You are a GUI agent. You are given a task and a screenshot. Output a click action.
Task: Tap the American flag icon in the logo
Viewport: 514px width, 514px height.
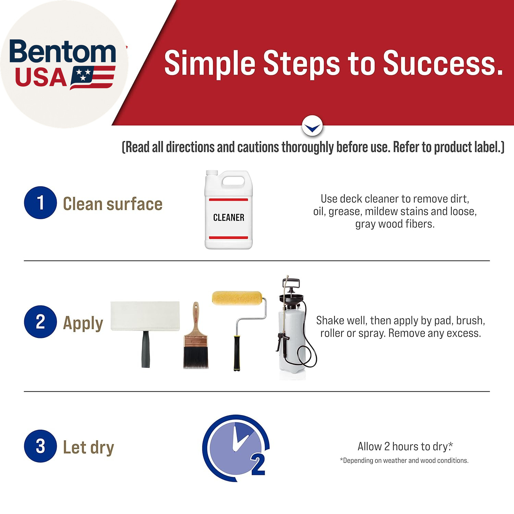(93, 77)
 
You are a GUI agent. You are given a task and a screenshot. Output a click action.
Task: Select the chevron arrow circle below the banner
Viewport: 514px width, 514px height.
(312, 126)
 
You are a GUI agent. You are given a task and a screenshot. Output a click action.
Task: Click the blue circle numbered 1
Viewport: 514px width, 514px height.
(40, 203)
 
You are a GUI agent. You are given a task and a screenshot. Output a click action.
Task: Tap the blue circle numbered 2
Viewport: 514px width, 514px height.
(40, 322)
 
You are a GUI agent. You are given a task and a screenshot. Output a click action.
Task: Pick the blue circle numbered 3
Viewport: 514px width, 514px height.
(40, 446)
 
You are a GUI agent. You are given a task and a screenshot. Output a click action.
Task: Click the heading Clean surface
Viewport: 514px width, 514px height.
(113, 204)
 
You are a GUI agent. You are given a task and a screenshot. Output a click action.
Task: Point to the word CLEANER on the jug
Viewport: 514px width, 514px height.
(229, 218)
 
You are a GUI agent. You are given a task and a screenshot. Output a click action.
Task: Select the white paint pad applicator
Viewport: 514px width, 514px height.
(145, 334)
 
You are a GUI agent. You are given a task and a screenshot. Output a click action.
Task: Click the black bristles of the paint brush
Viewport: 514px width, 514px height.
(196, 358)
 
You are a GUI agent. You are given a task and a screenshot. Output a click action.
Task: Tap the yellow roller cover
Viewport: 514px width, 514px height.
(237, 298)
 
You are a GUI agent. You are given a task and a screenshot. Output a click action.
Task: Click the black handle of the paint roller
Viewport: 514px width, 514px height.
(237, 353)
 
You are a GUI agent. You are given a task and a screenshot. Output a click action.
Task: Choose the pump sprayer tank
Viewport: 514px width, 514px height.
(292, 338)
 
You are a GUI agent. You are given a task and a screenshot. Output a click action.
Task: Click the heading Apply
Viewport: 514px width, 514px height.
(83, 323)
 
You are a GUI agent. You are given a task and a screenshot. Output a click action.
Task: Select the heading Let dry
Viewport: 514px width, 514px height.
(88, 448)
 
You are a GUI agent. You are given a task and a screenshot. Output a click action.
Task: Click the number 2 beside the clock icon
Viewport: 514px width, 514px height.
(258, 465)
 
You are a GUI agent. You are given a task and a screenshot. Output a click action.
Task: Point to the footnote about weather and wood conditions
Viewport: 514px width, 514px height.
(404, 461)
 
